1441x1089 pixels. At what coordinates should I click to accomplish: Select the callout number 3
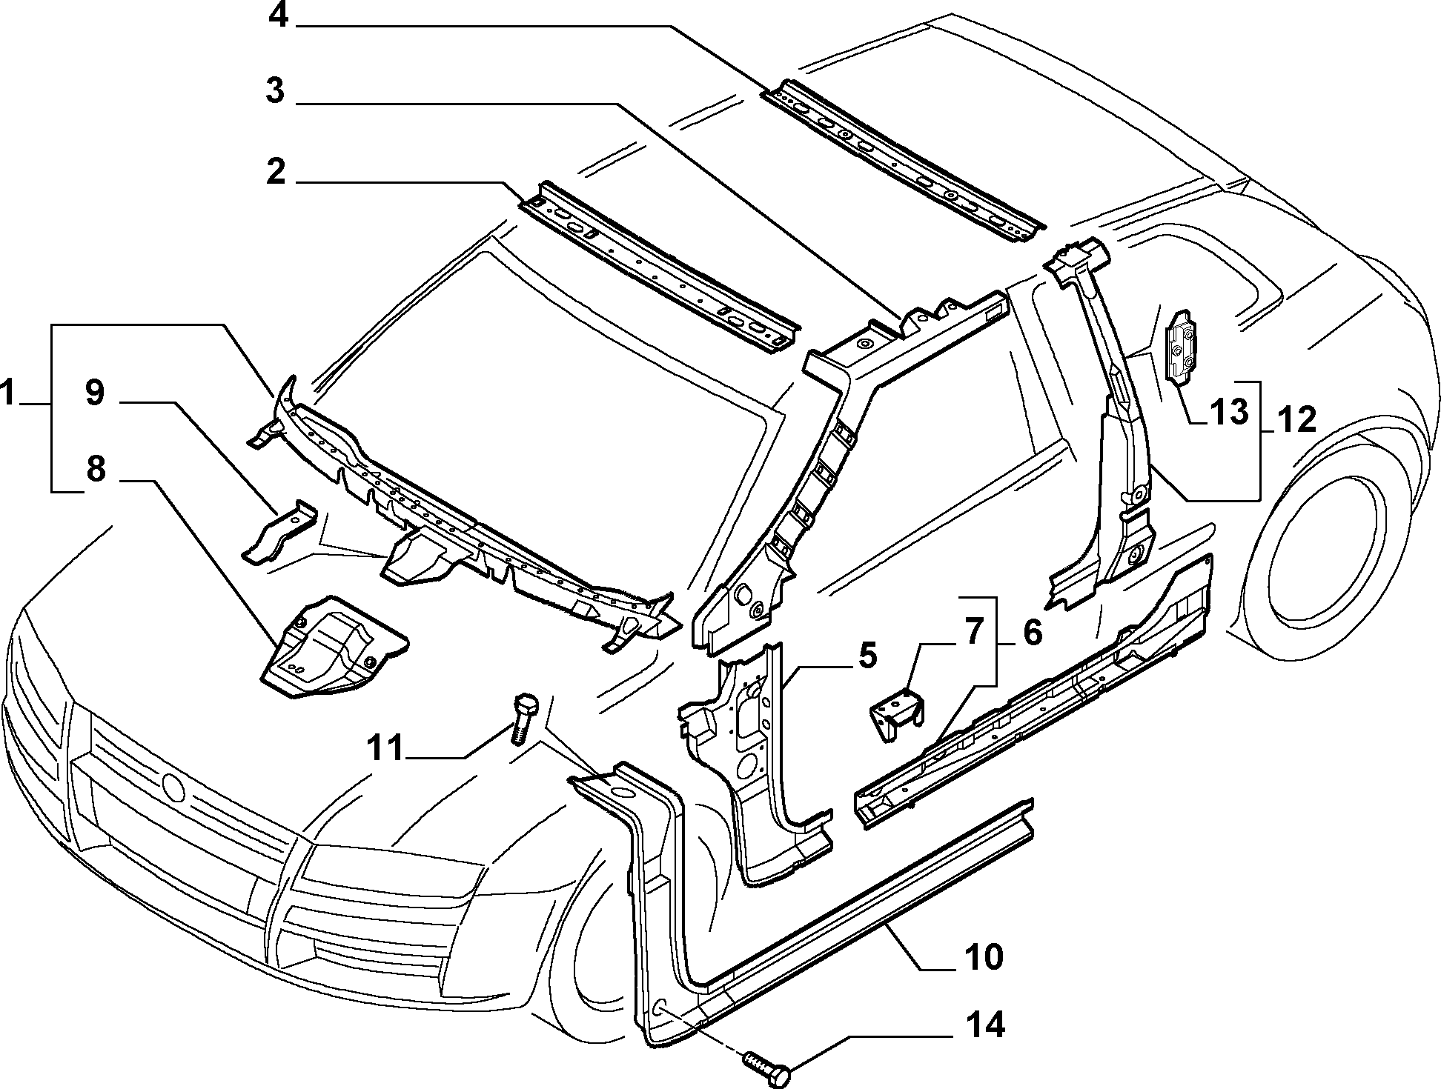pyautogui.click(x=276, y=92)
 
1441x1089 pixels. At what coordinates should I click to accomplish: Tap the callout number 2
pyautogui.click(x=276, y=172)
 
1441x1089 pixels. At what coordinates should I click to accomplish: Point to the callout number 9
pyautogui.click(x=95, y=393)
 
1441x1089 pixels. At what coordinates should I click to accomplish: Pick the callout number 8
pyautogui.click(x=96, y=469)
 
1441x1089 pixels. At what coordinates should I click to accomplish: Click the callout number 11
pyautogui.click(x=387, y=747)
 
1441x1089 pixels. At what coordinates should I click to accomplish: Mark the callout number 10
pyautogui.click(x=984, y=956)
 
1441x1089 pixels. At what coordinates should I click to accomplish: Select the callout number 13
pyautogui.click(x=1230, y=412)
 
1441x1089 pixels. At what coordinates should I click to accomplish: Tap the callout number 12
pyautogui.click(x=1296, y=420)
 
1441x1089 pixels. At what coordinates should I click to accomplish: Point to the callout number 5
pyautogui.click(x=867, y=656)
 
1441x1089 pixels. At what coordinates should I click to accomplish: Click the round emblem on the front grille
pyautogui.click(x=173, y=786)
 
